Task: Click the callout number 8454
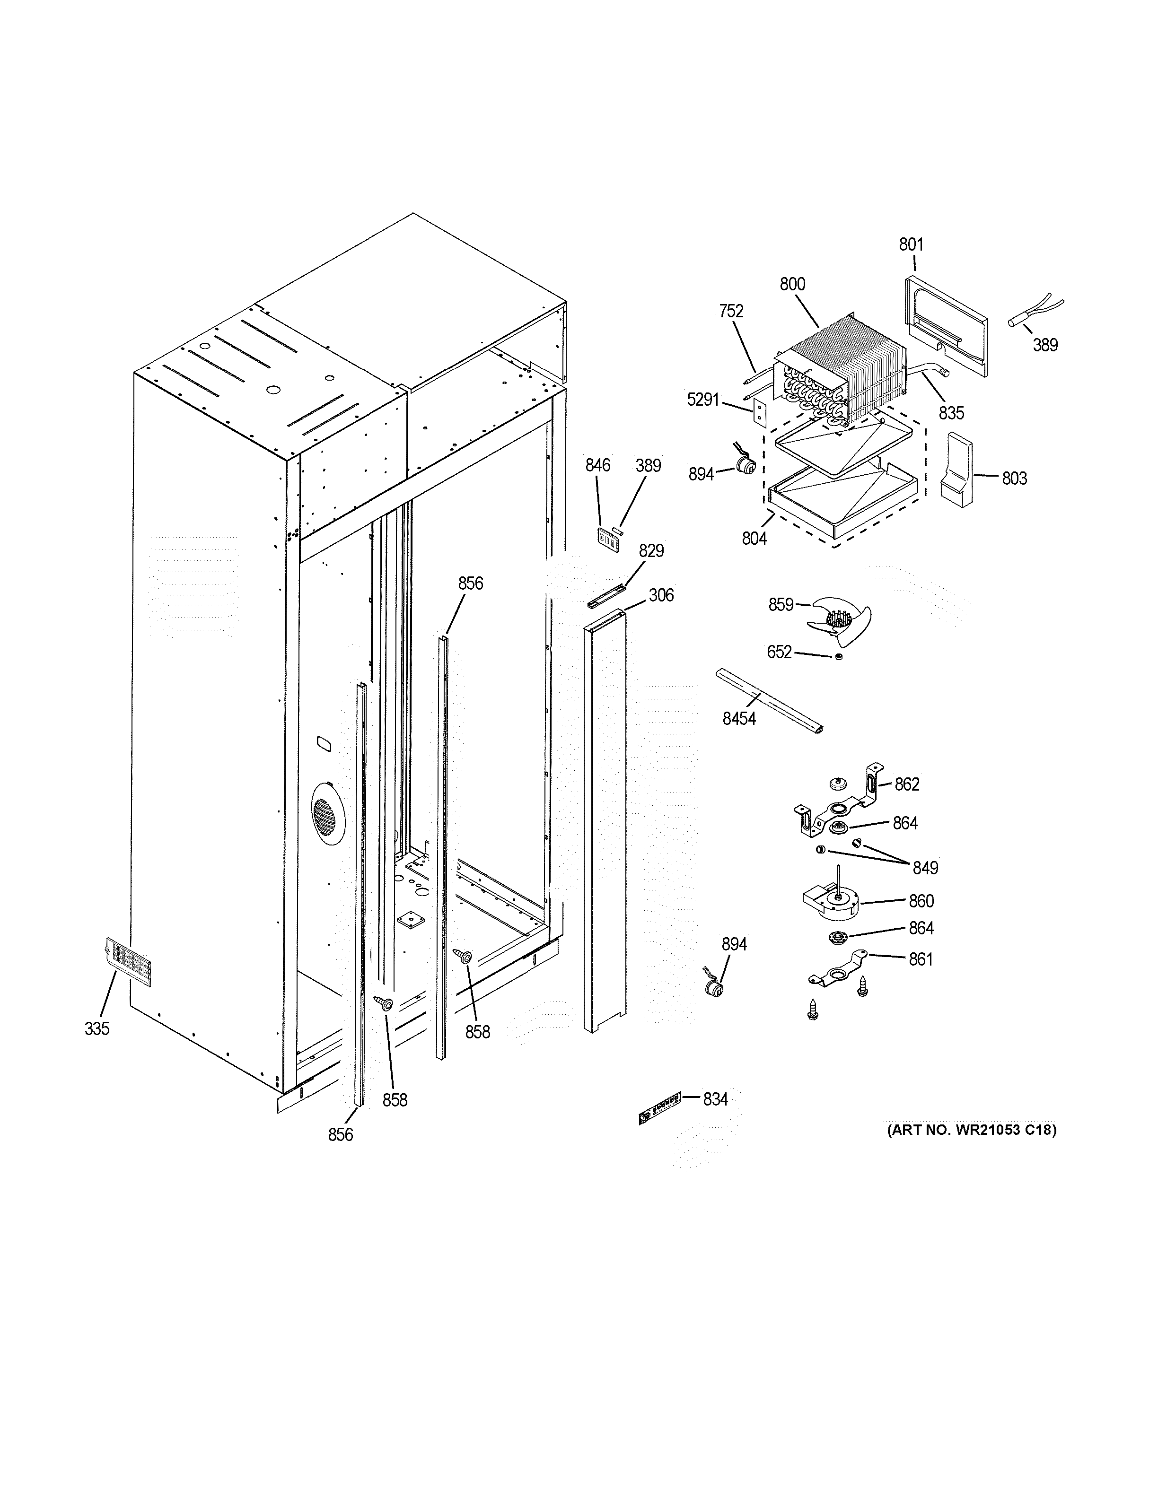[x=739, y=719]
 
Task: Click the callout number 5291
[x=703, y=399]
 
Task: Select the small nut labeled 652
[x=838, y=657]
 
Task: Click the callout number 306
[x=661, y=595]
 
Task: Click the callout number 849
[x=925, y=868]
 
